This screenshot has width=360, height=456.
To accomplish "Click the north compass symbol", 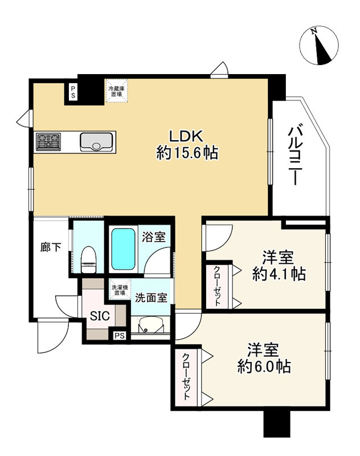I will point(320,44).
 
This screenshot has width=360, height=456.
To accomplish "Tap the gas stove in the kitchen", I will point(49,141).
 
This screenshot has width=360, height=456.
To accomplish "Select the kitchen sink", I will point(97,141).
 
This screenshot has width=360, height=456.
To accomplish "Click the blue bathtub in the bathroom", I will point(122,249).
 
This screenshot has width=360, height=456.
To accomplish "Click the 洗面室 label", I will point(151,297).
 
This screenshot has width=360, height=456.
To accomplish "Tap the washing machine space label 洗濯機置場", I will point(120,290).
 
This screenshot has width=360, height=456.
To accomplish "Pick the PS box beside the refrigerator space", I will point(73,92).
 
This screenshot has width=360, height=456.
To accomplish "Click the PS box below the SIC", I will point(118,336).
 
